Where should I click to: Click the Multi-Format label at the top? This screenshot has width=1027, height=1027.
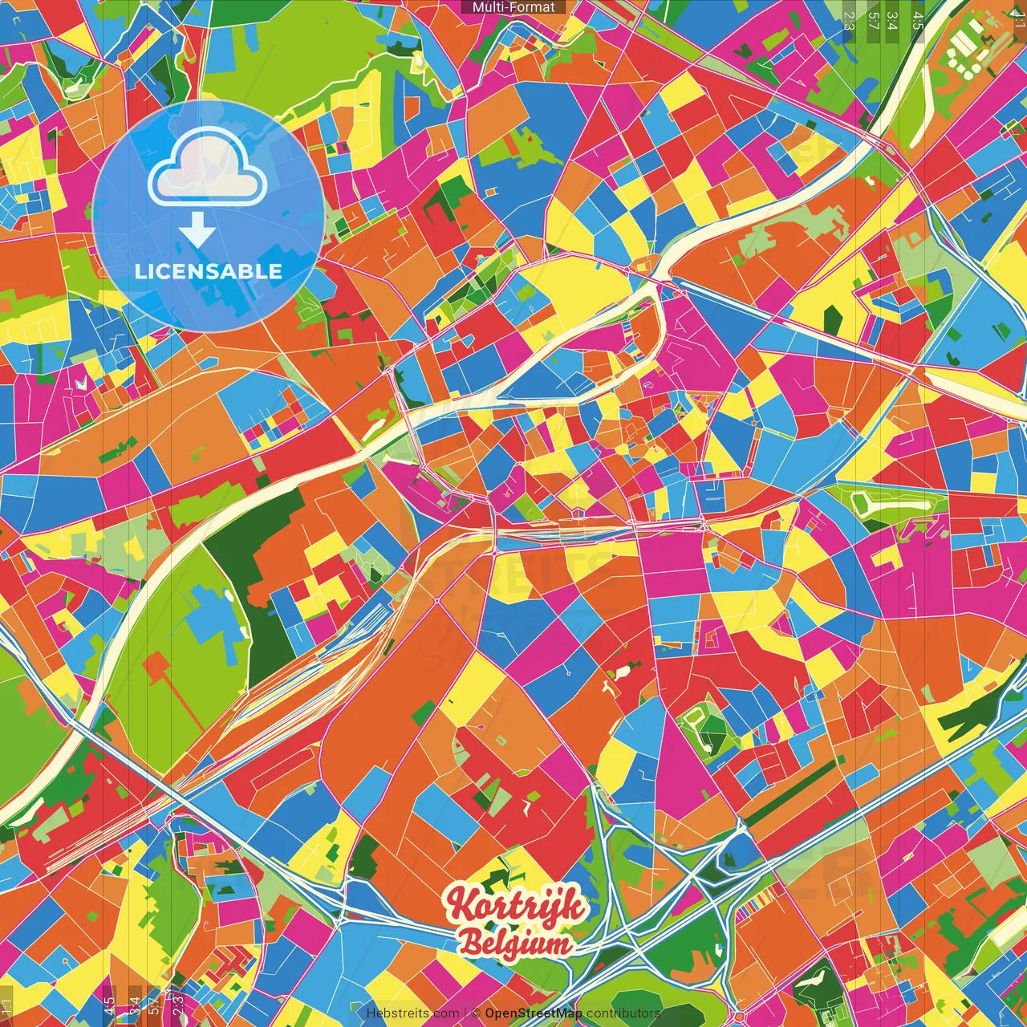click(513, 7)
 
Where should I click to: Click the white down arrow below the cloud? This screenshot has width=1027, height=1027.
click(197, 232)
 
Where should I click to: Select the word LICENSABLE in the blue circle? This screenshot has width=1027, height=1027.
click(209, 271)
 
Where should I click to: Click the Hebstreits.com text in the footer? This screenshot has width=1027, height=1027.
click(412, 1013)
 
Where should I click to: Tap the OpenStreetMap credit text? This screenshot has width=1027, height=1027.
click(534, 1013)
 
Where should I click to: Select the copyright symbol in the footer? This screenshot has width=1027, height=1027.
click(476, 1013)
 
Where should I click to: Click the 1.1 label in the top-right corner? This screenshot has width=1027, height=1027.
click(1018, 16)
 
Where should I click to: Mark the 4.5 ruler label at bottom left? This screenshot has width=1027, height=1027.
click(108, 1005)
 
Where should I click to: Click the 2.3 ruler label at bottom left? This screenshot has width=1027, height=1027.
click(178, 1005)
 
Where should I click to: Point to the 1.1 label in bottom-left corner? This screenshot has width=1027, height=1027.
click(7, 1008)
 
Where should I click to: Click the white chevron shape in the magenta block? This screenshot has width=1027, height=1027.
click(80, 384)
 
